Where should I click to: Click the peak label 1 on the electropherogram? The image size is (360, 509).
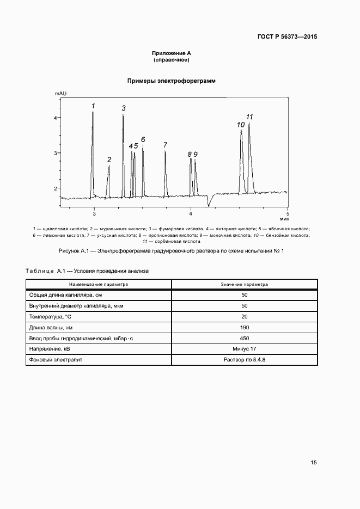point(93,106)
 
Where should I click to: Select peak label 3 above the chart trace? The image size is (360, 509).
point(124,108)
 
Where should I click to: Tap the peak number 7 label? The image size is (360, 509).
point(165,145)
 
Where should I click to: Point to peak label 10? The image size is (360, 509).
point(241,125)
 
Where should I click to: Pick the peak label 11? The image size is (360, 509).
point(250,116)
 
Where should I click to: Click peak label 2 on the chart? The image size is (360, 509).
point(109,160)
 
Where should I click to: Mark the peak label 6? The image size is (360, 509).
point(143,139)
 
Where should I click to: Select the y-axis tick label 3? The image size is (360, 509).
point(55,153)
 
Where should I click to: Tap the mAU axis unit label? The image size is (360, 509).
point(60,94)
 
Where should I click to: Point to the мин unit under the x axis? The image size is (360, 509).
point(285,218)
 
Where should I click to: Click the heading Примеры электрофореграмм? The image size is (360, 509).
point(172,81)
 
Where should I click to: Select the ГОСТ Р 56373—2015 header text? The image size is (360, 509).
point(287,37)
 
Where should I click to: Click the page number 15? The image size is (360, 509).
point(314,463)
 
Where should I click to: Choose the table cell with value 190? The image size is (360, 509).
point(245,327)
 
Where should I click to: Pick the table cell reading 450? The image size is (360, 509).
point(245,338)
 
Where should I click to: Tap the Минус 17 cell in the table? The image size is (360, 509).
point(245,349)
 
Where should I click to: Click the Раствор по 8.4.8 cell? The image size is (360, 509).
point(245,360)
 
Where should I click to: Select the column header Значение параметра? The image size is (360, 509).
point(245,284)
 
